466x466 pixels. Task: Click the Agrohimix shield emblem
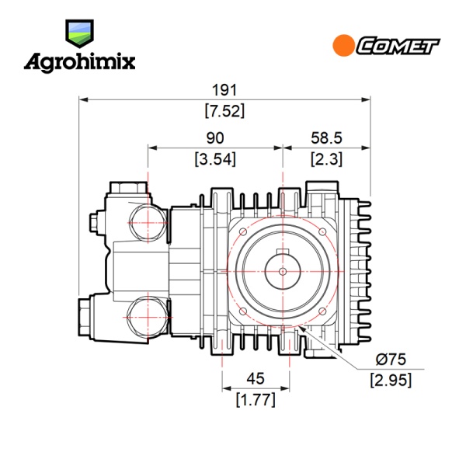point(79,33)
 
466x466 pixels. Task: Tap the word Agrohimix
point(80,62)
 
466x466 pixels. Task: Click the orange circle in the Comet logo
point(343,46)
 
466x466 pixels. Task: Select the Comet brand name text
point(398,46)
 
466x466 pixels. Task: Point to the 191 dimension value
point(224,90)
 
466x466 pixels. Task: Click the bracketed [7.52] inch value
point(224,111)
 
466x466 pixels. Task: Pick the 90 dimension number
point(215,138)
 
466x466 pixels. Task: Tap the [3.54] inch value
point(215,159)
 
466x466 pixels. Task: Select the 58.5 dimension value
point(326,138)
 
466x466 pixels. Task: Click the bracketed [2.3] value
point(326,159)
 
